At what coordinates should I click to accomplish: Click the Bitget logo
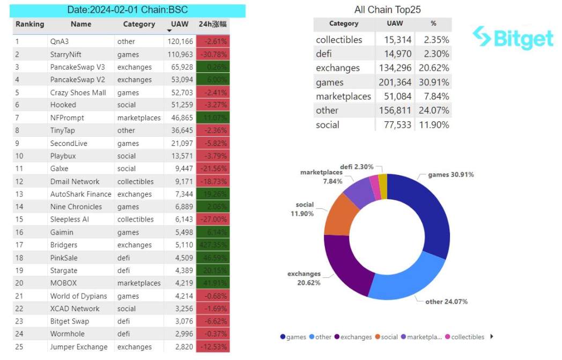(x=513, y=38)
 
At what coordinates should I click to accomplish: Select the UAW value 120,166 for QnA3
(x=180, y=41)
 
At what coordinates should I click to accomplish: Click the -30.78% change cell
(x=213, y=54)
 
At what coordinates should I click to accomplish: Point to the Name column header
(x=81, y=24)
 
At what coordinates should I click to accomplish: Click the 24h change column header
(x=213, y=24)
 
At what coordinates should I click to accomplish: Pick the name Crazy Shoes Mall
(x=78, y=92)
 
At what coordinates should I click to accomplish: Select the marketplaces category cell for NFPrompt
(x=139, y=117)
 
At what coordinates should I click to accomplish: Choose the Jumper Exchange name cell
(x=79, y=347)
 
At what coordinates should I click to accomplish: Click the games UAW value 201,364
(x=395, y=82)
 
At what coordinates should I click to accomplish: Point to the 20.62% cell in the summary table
(x=435, y=68)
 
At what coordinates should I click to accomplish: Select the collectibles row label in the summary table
(x=339, y=40)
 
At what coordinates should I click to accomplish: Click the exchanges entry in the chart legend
(x=352, y=337)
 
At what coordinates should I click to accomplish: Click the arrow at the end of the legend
(x=492, y=336)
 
